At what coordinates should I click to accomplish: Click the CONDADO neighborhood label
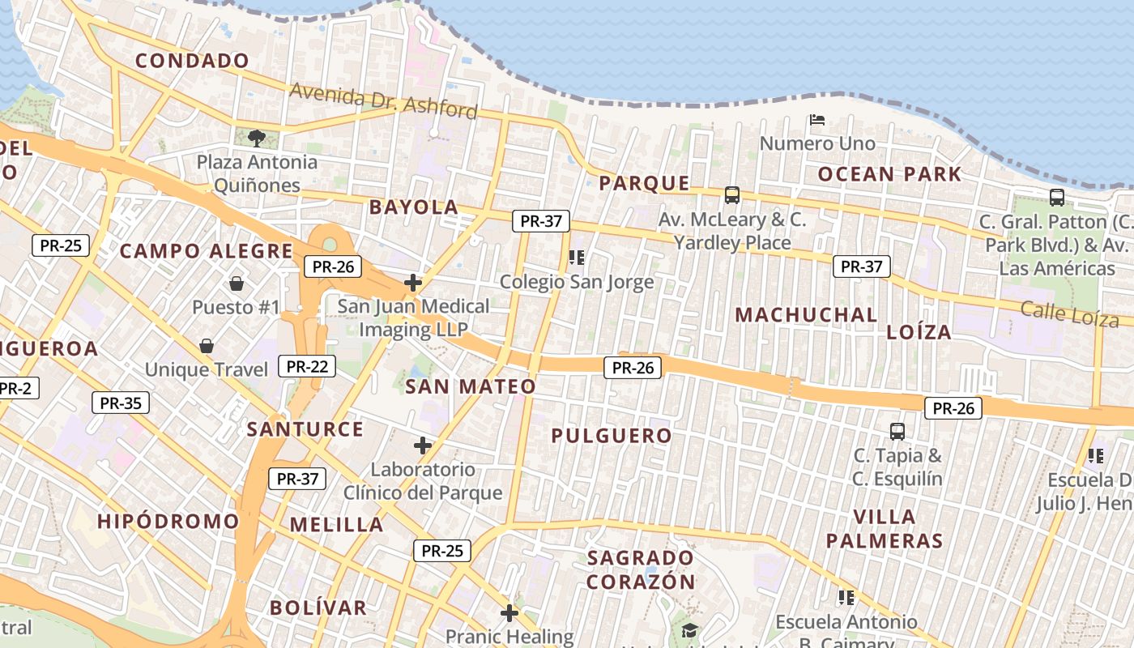pyautogui.click(x=192, y=61)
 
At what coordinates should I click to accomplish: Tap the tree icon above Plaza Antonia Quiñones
pyautogui.click(x=257, y=138)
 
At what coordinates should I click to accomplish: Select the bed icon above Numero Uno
pyautogui.click(x=817, y=121)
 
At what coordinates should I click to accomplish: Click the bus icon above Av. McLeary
pyautogui.click(x=732, y=195)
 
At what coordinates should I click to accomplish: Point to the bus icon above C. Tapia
pyautogui.click(x=897, y=431)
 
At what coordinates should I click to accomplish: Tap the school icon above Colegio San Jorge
pyautogui.click(x=576, y=258)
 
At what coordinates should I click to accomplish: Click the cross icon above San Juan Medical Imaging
pyautogui.click(x=413, y=283)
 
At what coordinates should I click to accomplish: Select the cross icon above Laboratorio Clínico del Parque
pyautogui.click(x=422, y=446)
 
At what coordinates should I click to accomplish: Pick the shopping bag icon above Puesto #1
pyautogui.click(x=237, y=283)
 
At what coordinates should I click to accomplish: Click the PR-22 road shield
pyautogui.click(x=307, y=366)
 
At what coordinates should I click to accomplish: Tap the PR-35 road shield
pyautogui.click(x=121, y=403)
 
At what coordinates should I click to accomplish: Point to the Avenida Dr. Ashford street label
pyautogui.click(x=383, y=100)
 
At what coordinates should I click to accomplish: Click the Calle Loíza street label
pyautogui.click(x=1069, y=313)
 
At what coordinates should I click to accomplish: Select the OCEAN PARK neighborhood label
pyautogui.click(x=889, y=174)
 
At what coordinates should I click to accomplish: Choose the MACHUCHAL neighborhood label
pyautogui.click(x=806, y=315)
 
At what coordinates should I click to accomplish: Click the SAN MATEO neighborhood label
pyautogui.click(x=471, y=386)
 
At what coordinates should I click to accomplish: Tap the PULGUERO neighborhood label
pyautogui.click(x=612, y=436)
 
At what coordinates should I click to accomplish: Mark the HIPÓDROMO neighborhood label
pyautogui.click(x=168, y=521)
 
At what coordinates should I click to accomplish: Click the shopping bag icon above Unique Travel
pyautogui.click(x=207, y=347)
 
